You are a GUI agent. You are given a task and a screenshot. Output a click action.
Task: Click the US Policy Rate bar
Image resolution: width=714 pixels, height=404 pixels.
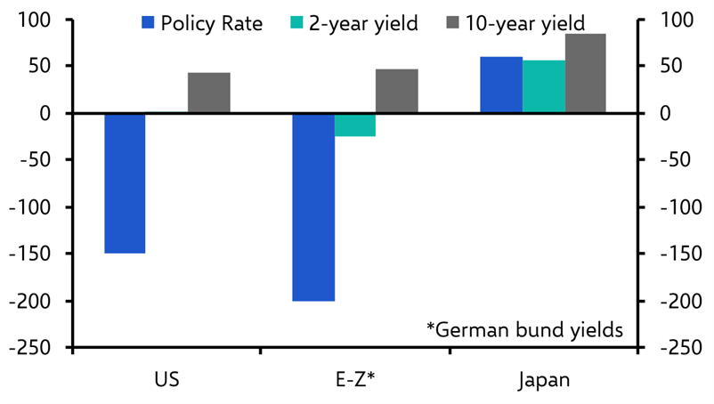tap(125, 183)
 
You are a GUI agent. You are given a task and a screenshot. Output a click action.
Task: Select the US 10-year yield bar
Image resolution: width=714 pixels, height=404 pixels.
tap(209, 93)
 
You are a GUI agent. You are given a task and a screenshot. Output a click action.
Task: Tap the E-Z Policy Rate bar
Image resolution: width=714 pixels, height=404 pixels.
tap(313, 207)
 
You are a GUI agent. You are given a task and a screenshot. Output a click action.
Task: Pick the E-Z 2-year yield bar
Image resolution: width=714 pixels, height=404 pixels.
tap(355, 125)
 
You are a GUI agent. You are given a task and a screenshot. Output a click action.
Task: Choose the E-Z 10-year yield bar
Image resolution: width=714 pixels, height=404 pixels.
tap(397, 91)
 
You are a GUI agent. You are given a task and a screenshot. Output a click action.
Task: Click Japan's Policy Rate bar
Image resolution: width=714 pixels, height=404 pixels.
tap(501, 85)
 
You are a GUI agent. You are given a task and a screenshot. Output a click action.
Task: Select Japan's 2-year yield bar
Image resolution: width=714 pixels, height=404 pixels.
tap(544, 86)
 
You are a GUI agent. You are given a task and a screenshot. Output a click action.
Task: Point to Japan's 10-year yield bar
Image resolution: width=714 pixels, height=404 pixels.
tap(587, 73)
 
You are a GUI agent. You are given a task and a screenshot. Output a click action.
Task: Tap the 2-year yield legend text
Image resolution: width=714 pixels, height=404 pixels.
tap(363, 23)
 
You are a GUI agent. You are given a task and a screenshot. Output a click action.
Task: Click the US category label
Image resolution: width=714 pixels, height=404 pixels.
tap(166, 381)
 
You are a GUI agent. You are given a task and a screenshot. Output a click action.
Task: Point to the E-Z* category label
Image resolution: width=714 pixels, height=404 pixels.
tap(354, 381)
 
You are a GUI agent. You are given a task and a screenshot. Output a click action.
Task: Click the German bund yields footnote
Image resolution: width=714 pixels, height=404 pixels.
tap(524, 330)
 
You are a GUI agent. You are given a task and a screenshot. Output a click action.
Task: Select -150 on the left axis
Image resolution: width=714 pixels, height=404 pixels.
tap(32, 254)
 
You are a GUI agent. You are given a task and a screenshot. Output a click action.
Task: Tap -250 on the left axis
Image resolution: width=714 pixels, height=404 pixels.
tap(32, 347)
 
